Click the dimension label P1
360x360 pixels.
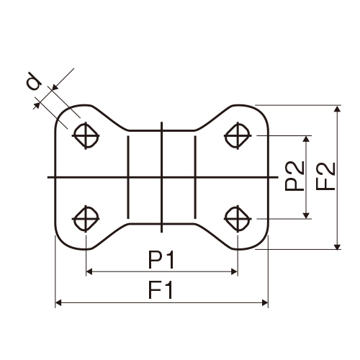[x=161, y=259]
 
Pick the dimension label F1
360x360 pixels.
[x=161, y=290]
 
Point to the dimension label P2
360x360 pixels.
[x=294, y=176]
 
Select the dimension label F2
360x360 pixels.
[x=325, y=176]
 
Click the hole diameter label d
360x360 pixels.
[x=33, y=81]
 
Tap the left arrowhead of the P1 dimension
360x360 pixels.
[x=89, y=271]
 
